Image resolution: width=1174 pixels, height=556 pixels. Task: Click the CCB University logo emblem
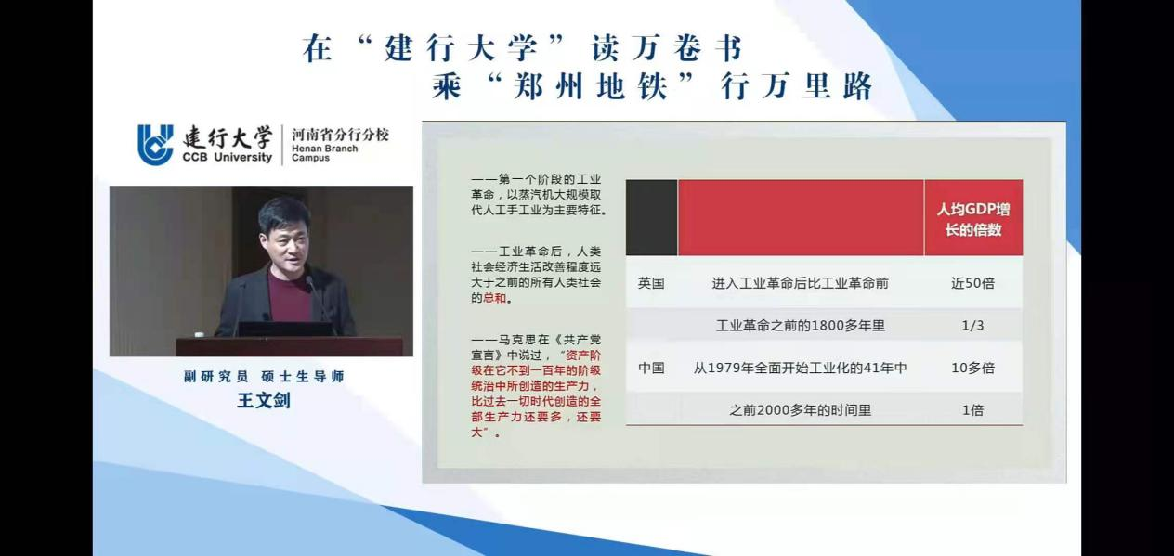pos(155,145)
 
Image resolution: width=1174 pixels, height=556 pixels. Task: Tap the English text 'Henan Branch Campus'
pos(324,153)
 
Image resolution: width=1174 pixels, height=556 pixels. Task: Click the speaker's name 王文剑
pos(264,400)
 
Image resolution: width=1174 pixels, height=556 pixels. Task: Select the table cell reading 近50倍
pos(972,283)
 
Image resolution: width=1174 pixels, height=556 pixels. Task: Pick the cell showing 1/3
pos(972,326)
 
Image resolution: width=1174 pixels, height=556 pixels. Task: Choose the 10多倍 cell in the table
pos(972,369)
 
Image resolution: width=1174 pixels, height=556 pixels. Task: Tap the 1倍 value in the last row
pos(972,410)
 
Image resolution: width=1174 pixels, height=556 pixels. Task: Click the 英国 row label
pos(651,283)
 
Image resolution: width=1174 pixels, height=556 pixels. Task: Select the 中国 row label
pos(651,369)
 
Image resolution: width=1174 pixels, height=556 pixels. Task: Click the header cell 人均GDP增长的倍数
pos(973,219)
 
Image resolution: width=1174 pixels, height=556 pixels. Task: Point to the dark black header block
pos(651,218)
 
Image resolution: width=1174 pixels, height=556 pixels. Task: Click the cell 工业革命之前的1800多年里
pos(801,326)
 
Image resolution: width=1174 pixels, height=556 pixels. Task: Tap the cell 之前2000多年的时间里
pos(801,410)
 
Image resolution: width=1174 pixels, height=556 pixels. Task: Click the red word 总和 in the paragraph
pos(494,298)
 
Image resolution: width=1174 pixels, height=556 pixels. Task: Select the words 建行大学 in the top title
pos(461,48)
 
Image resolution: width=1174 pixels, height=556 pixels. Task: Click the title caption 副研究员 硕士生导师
pos(264,377)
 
